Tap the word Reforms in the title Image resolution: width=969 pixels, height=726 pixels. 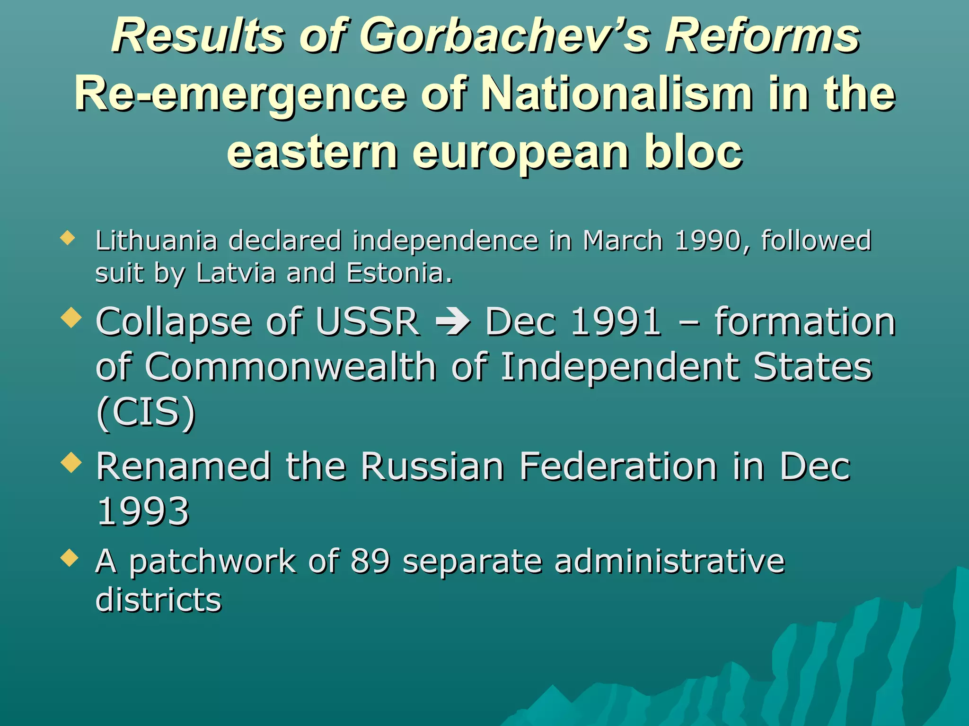point(762,36)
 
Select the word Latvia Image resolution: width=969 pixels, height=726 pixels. point(236,273)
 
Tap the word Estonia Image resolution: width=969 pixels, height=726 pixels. point(399,273)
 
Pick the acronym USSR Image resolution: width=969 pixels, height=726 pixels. point(367,322)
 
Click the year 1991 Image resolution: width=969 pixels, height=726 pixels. point(616,322)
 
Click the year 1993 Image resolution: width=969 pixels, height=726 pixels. point(143,511)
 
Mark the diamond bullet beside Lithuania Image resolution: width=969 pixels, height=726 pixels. point(68,238)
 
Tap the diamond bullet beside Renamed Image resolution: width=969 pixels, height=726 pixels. point(71,462)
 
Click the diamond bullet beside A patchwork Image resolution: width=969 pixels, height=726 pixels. point(70,558)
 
